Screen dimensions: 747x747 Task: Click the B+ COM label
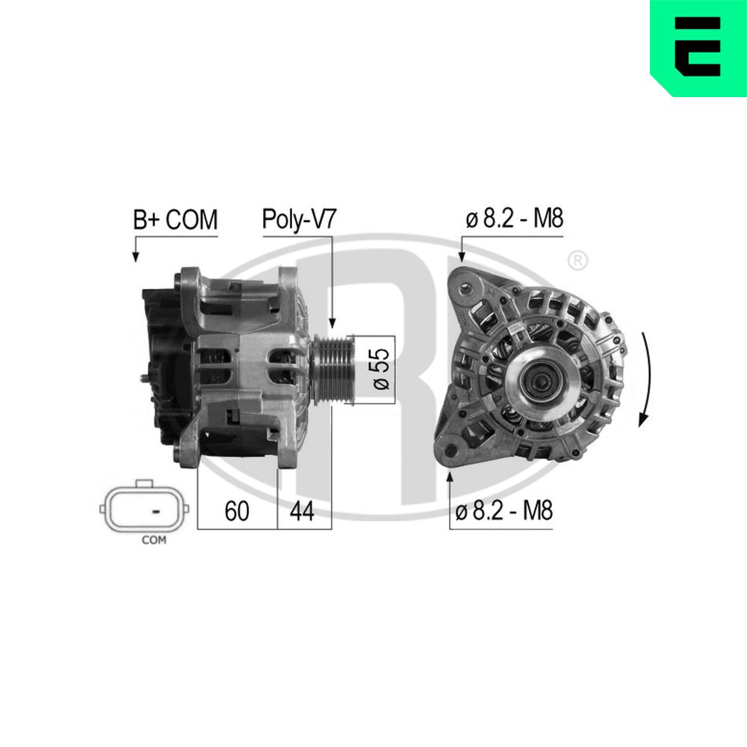click(175, 220)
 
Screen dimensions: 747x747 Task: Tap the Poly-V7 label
click(299, 220)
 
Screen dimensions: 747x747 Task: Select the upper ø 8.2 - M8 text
click(514, 219)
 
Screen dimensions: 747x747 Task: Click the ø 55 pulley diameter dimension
click(381, 369)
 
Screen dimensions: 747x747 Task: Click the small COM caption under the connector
click(154, 540)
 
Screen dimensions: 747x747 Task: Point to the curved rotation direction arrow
click(647, 377)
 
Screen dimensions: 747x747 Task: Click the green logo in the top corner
click(698, 46)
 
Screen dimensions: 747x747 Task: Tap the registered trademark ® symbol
click(577, 261)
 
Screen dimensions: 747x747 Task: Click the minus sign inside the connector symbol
click(156, 511)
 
